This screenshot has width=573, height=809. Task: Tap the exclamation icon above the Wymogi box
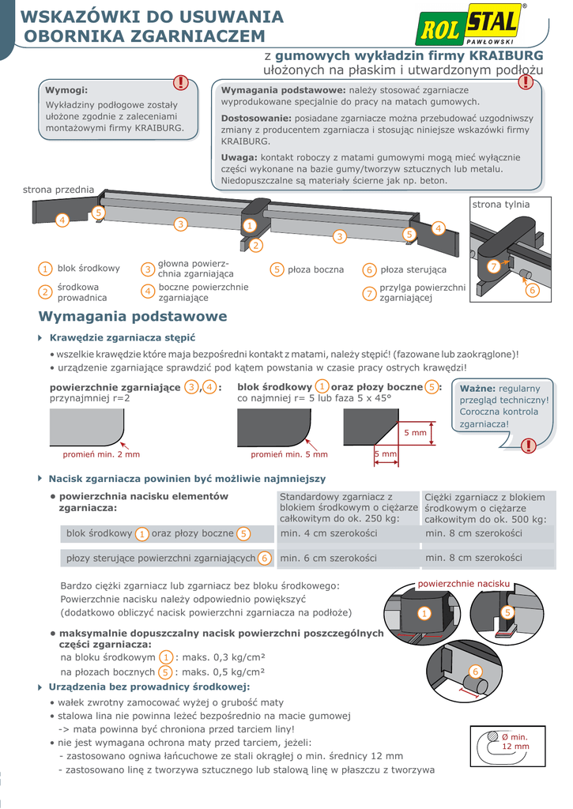point(181,82)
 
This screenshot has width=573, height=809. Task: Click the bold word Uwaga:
point(239,157)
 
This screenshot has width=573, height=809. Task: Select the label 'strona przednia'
point(58,190)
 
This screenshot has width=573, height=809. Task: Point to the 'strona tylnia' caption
point(501,205)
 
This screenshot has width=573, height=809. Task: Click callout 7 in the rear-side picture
point(493,267)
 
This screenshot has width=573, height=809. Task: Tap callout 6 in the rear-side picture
point(532,291)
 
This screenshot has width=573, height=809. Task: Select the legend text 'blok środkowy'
point(89,269)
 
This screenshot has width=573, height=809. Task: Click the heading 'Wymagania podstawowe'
point(133,317)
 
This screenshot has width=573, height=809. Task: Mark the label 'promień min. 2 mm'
point(101,454)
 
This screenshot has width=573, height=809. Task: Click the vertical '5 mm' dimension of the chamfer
point(415,433)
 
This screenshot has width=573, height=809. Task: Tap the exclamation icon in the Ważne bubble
point(528,446)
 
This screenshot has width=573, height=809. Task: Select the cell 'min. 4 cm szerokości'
point(329,533)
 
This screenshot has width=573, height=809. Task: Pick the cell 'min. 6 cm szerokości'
point(329,558)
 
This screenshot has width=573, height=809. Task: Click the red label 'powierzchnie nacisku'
point(464,584)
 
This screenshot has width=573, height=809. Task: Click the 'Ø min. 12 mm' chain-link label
point(515,742)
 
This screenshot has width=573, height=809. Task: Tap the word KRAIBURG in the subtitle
point(506,56)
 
